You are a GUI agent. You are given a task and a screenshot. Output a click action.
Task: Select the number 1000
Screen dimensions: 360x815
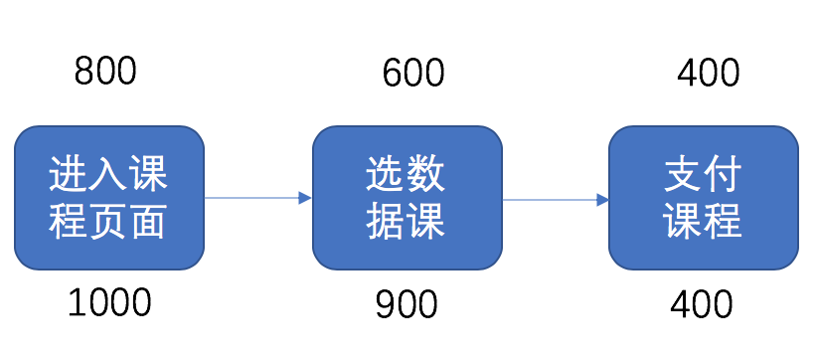click(x=109, y=301)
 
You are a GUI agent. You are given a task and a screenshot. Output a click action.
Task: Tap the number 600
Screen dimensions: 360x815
click(x=413, y=73)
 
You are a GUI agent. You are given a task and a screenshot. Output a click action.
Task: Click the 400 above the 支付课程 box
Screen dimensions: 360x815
click(x=709, y=73)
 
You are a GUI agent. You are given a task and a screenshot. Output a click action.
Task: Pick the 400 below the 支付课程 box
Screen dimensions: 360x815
click(x=702, y=303)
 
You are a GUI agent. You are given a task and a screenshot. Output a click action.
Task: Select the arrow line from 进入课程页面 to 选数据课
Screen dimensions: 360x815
click(x=252, y=198)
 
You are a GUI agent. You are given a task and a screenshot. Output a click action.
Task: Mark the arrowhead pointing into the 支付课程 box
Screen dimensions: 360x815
click(x=602, y=200)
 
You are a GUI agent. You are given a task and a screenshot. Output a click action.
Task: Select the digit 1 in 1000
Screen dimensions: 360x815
click(x=77, y=301)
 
